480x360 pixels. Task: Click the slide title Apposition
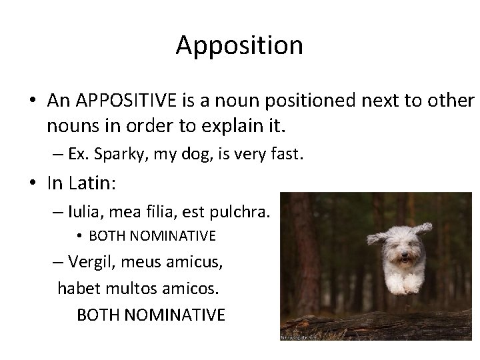click(239, 45)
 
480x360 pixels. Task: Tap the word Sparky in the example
click(114, 155)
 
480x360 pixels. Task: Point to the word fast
click(287, 155)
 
